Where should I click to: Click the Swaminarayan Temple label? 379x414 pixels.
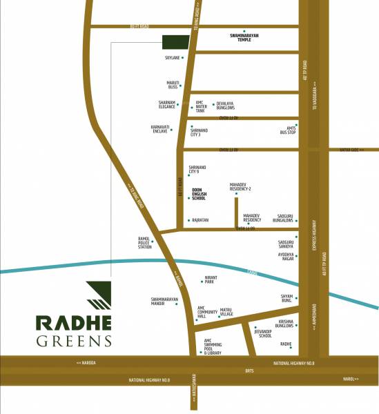click(250, 38)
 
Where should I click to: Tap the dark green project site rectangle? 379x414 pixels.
click(176, 42)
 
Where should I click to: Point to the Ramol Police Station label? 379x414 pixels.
click(144, 242)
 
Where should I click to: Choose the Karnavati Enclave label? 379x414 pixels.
click(164, 129)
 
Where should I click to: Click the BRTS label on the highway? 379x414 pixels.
click(249, 371)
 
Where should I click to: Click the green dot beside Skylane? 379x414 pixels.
click(182, 57)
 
